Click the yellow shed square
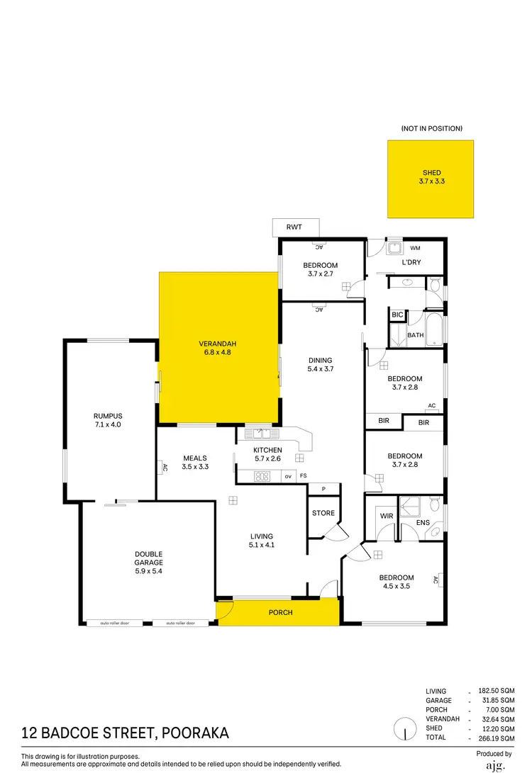tap(431, 179)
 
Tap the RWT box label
tap(294, 227)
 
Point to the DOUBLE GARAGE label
tap(149, 558)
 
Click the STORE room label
tap(323, 513)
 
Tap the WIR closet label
tap(387, 516)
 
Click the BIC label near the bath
tap(397, 315)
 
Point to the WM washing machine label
tap(415, 248)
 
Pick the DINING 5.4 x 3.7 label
tap(320, 364)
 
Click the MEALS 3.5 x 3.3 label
tap(194, 462)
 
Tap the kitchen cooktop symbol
tap(262, 477)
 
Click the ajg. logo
tap(495, 764)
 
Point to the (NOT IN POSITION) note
tap(431, 128)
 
